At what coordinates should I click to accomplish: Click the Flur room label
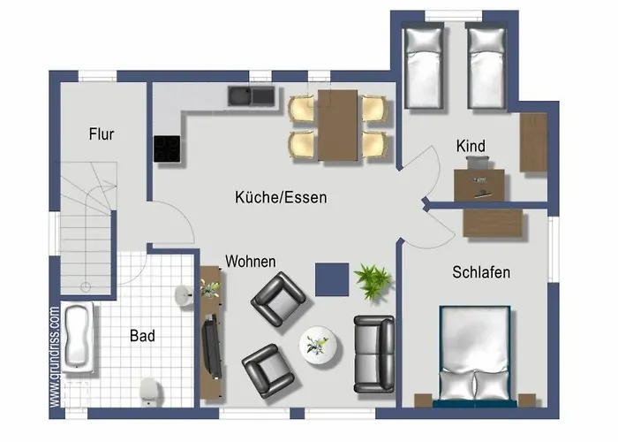pyautogui.click(x=102, y=134)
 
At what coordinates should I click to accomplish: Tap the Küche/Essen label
pyautogui.click(x=281, y=197)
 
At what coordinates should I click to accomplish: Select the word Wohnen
pyautogui.click(x=251, y=262)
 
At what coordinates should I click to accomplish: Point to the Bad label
pyautogui.click(x=142, y=336)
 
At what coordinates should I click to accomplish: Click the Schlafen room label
pyautogui.click(x=481, y=272)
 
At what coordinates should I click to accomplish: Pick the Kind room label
pyautogui.click(x=471, y=146)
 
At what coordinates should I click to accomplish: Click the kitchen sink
pyautogui.click(x=252, y=95)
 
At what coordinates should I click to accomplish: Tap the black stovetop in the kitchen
pyautogui.click(x=167, y=149)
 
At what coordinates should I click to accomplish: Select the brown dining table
pyautogui.click(x=338, y=125)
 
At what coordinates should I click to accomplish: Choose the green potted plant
pyautogui.click(x=373, y=281)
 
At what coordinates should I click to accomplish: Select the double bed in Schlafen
pyautogui.click(x=476, y=354)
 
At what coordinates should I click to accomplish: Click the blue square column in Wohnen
pyautogui.click(x=332, y=279)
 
